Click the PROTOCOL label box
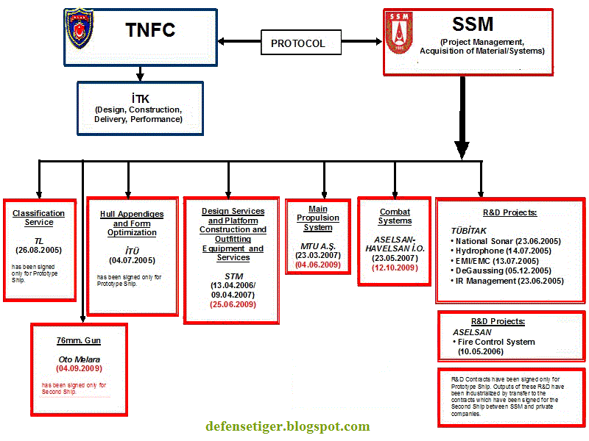point(297,43)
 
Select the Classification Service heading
point(38,218)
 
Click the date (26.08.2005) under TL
point(38,250)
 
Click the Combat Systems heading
point(395,216)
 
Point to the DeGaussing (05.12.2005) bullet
point(505,270)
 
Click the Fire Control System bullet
point(495,342)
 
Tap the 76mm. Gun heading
point(79,340)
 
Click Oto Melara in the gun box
point(79,359)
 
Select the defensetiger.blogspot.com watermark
point(288,426)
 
